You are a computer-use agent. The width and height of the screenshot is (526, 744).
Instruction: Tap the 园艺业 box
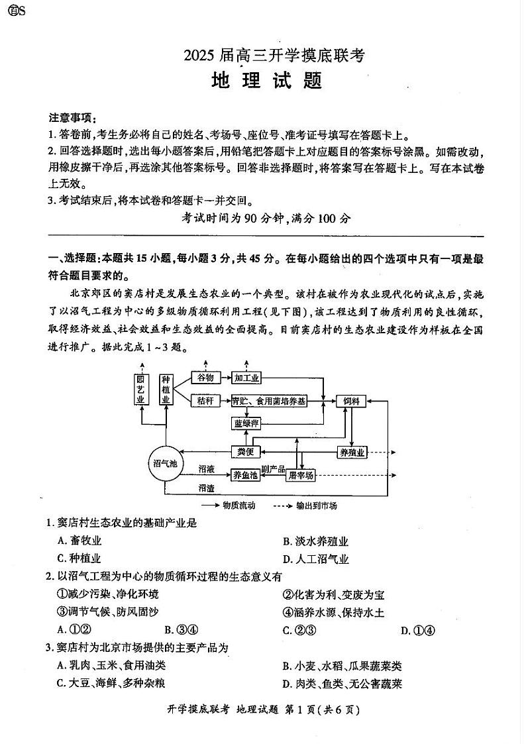(140, 390)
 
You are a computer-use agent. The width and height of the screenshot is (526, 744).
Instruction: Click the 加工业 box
(246, 378)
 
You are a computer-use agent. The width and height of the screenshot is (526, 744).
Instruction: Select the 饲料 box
(351, 401)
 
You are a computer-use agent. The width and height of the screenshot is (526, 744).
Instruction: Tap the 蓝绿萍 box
(246, 423)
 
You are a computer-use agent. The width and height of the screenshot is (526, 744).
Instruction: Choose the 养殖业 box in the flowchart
(352, 452)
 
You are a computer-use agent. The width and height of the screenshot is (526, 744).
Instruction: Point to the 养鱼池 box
(245, 474)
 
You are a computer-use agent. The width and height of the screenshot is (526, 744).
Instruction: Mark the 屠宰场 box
(301, 475)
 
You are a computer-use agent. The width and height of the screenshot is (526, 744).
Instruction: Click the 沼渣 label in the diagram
(206, 488)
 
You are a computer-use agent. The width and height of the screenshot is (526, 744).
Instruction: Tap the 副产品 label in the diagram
(273, 469)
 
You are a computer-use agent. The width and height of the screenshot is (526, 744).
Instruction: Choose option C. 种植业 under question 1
(79, 558)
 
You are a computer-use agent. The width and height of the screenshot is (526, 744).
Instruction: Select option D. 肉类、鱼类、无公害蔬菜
(342, 684)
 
